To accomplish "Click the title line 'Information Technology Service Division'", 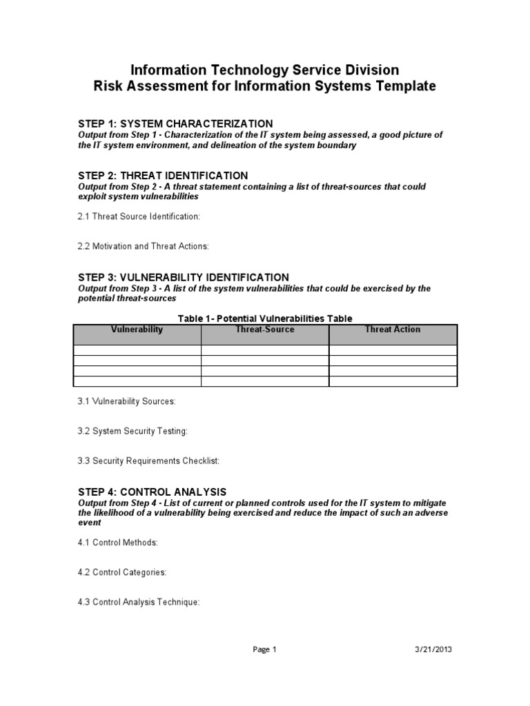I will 265,70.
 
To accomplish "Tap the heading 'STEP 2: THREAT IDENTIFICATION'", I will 163,176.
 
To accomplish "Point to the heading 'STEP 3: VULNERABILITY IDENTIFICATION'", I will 183,277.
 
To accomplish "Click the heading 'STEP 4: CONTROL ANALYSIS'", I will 152,492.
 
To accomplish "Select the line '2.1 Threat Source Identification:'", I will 138,216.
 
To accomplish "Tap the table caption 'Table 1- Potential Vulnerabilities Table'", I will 265,318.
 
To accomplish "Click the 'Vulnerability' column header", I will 137,330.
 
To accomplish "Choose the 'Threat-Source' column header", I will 265,330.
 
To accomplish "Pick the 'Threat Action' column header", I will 392,330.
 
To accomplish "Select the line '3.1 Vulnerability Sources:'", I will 126,401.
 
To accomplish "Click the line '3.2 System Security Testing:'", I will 132,431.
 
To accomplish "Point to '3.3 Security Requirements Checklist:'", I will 148,461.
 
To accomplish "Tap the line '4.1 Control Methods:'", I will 118,542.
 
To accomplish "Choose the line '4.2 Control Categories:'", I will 122,572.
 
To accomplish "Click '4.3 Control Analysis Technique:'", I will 139,602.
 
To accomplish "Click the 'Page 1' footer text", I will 265,649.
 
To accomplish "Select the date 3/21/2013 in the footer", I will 435,649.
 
